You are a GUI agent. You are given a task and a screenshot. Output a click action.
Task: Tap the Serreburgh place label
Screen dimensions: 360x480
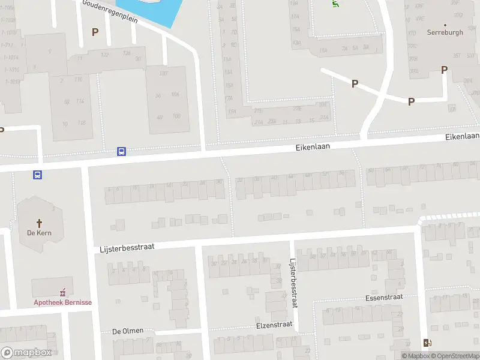(x=445, y=32)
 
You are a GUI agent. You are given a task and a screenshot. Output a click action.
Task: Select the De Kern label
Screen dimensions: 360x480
(x=40, y=233)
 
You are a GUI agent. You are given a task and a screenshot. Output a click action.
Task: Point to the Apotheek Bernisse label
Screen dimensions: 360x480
(x=62, y=302)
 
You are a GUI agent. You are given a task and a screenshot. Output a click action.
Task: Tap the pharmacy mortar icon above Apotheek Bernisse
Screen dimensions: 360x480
(x=62, y=293)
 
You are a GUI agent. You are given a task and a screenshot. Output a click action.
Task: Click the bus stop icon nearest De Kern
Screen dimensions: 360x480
(x=37, y=175)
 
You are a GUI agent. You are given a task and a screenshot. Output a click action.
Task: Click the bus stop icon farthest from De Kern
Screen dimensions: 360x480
(x=121, y=152)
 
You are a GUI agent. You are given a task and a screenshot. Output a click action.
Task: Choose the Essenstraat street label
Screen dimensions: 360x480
(x=383, y=297)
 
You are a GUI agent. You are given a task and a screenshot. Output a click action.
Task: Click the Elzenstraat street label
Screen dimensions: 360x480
(x=274, y=324)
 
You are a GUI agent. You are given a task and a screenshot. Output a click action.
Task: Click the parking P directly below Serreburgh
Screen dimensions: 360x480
(x=444, y=70)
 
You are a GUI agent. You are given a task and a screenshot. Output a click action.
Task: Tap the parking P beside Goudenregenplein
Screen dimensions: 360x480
(x=94, y=32)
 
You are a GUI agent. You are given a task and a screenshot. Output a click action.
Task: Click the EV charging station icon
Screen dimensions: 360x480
(x=427, y=343)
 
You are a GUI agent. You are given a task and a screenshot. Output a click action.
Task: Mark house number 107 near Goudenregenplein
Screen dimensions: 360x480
(x=163, y=73)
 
